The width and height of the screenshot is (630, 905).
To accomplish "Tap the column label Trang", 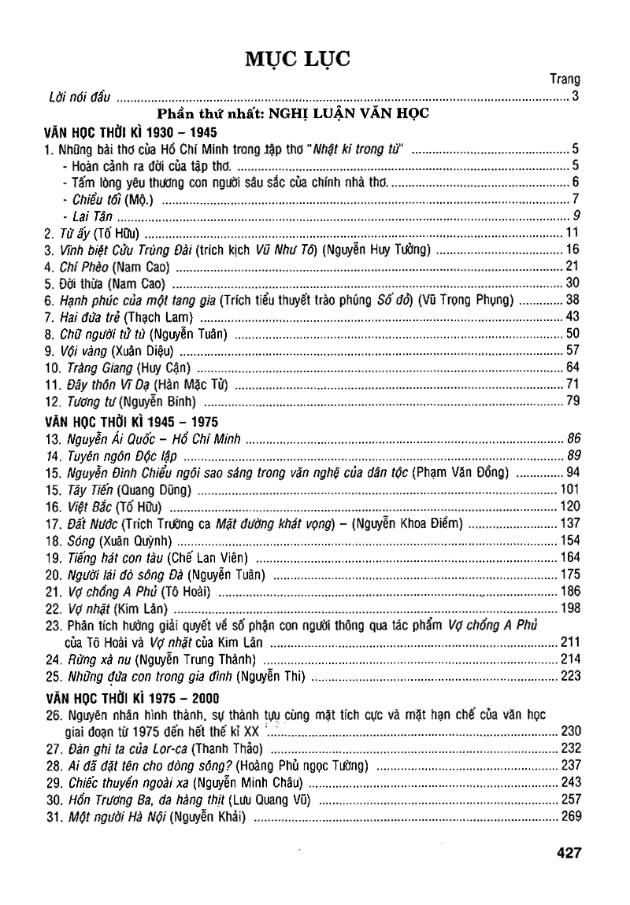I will (565, 79).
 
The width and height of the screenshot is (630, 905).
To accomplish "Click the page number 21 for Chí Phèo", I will (573, 265).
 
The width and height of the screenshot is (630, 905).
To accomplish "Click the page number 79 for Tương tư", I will (573, 402).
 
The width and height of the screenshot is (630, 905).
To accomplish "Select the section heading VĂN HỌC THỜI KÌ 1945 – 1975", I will (132, 421).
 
